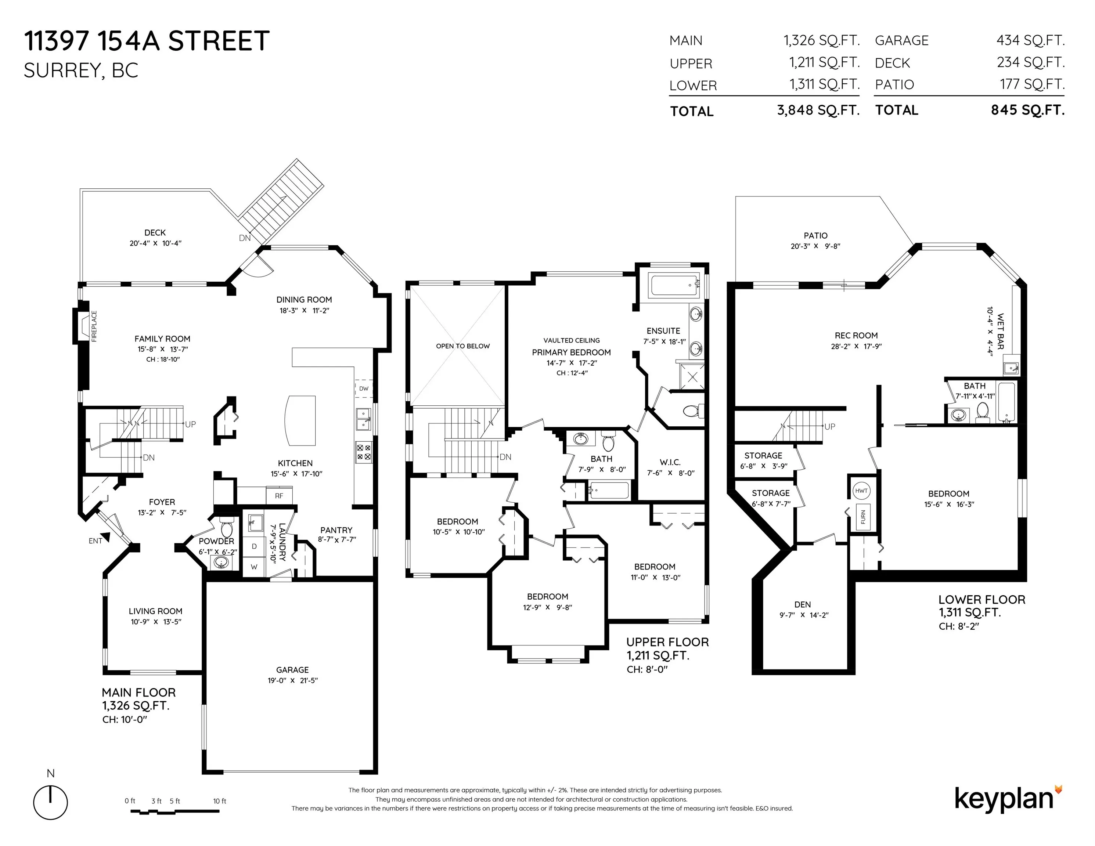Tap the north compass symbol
click(x=51, y=802)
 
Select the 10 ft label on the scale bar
click(x=220, y=801)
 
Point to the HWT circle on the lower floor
click(x=861, y=491)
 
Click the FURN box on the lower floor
click(x=863, y=517)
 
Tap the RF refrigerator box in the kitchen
click(x=279, y=496)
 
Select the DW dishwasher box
click(x=364, y=388)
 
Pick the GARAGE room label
click(x=292, y=670)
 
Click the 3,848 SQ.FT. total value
click(x=818, y=110)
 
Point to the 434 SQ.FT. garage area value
click(x=1030, y=40)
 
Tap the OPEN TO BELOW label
click(x=463, y=346)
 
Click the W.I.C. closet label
click(x=670, y=462)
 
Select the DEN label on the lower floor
click(x=803, y=604)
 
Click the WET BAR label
click(x=1000, y=331)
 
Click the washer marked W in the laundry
click(x=254, y=567)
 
